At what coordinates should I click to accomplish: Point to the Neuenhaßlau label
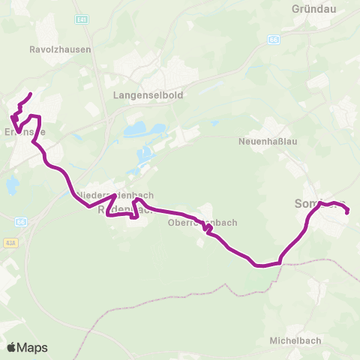tap(269, 140)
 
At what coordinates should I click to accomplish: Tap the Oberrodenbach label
tap(202, 222)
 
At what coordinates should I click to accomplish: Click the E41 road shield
tap(82, 18)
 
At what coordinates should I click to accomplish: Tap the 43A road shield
tap(10, 243)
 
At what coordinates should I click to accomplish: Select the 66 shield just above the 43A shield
tap(20, 222)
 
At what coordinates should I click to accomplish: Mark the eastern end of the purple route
tap(349, 213)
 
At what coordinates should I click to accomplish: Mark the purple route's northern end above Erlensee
tap(30, 94)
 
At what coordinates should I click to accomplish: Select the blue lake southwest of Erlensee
tap(11, 185)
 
